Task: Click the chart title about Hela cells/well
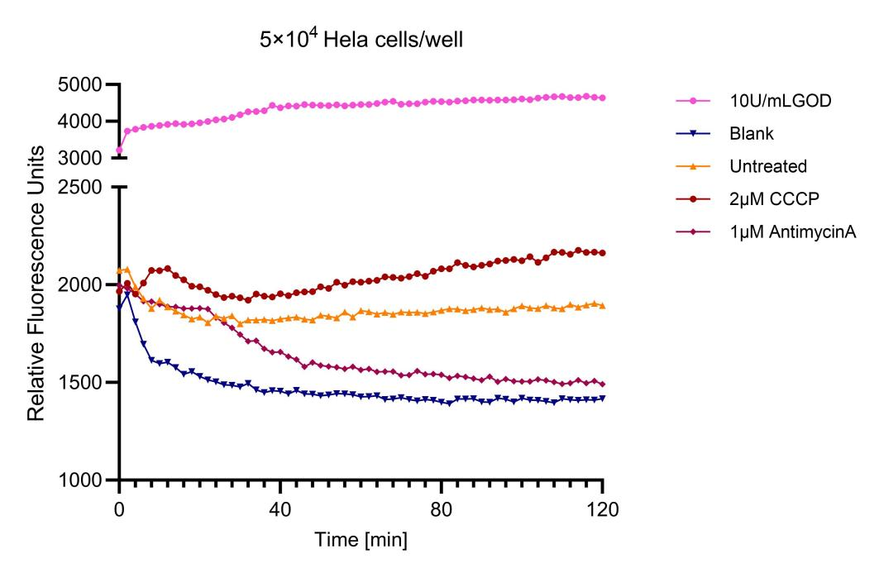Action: [361, 39]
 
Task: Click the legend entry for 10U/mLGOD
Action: [780, 101]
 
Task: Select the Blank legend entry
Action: [751, 133]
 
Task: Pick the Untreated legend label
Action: [768, 166]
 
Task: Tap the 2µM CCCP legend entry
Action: [774, 198]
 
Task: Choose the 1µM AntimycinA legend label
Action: [793, 232]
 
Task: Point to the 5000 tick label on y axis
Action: [79, 84]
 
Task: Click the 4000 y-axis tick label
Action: [79, 121]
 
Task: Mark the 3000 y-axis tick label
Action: [79, 158]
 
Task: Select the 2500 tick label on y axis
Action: [79, 187]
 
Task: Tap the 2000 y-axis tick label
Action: [79, 284]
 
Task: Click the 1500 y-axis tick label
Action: [79, 382]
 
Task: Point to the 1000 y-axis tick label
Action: [79, 480]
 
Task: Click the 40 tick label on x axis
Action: [279, 509]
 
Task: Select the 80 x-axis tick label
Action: [442, 509]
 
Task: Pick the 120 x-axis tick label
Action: [603, 509]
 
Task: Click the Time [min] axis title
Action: [361, 540]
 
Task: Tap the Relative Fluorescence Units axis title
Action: [36, 284]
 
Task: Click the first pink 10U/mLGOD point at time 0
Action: [119, 150]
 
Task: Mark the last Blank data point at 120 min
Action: [603, 398]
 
